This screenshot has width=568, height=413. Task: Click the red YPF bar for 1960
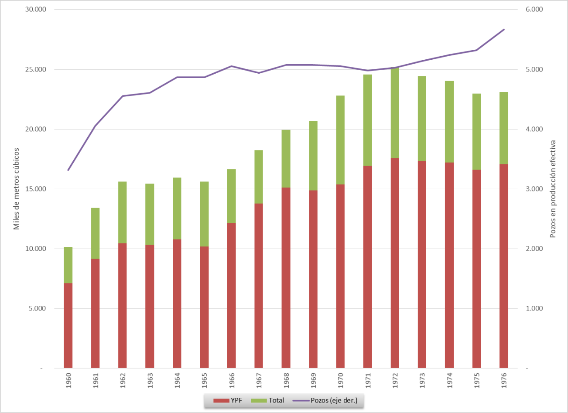(x=68, y=325)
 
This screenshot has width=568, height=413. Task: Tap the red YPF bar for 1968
(x=286, y=278)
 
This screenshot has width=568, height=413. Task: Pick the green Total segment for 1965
(x=204, y=214)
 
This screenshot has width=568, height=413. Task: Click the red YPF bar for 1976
(x=504, y=266)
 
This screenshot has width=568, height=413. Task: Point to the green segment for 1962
(x=123, y=212)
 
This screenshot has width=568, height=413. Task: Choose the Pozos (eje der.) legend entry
(x=325, y=400)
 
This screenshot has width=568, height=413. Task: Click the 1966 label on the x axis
(x=232, y=380)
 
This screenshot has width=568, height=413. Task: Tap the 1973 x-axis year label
(x=422, y=380)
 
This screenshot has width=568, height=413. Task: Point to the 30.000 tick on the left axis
(x=36, y=10)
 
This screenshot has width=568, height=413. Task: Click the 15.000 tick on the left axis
(x=36, y=189)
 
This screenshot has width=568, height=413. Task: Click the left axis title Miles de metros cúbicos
(x=17, y=189)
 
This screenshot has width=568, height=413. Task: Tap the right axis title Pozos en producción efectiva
(x=553, y=189)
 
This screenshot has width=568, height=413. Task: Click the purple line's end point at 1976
(x=504, y=30)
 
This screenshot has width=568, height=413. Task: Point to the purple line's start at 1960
(x=68, y=170)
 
